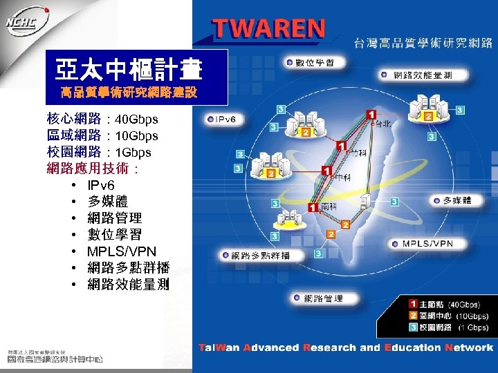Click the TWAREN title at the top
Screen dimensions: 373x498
click(269, 29)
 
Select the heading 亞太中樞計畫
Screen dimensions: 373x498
click(129, 70)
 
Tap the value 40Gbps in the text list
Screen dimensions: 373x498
click(136, 120)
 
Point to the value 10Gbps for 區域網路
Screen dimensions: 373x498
click(136, 136)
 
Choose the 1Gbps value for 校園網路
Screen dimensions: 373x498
click(133, 152)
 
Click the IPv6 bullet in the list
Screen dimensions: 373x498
click(101, 185)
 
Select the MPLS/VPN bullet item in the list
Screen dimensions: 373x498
click(121, 251)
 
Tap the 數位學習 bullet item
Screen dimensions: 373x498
click(114, 235)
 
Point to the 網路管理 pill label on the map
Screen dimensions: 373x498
click(319, 298)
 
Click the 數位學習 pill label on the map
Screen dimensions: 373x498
click(311, 63)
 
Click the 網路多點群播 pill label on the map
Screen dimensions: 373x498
click(257, 256)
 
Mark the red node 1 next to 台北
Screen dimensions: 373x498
click(371, 114)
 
